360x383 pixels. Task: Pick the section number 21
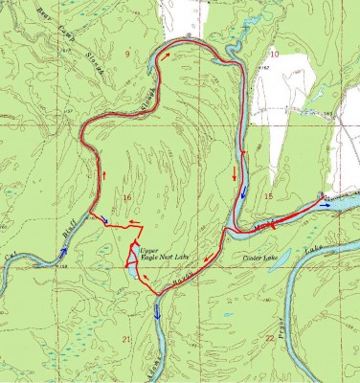[125, 339]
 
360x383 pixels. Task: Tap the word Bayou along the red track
[184, 278]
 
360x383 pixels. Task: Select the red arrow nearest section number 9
[169, 56]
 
